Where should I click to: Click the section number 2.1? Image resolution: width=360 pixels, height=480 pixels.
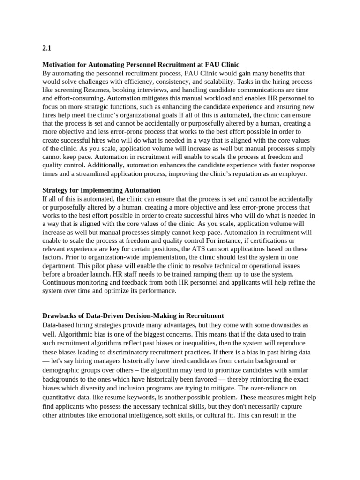(x=46, y=48)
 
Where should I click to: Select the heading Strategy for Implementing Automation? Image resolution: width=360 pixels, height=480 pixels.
(x=101, y=190)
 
